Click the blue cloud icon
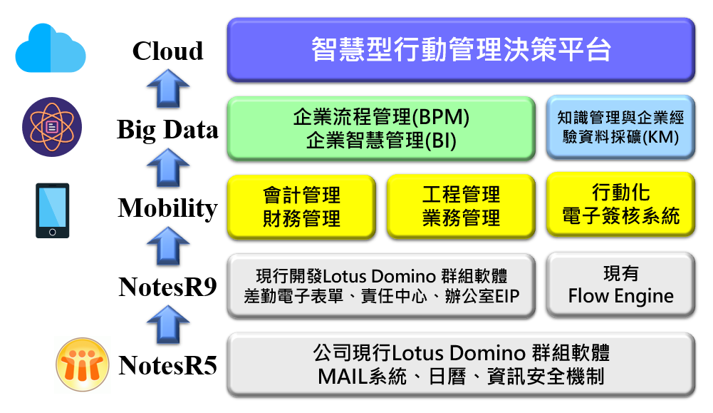[51, 49]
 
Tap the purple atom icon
[52, 126]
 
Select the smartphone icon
[52, 210]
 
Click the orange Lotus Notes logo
[83, 364]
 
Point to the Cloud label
[167, 51]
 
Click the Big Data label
[167, 130]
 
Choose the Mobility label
[167, 208]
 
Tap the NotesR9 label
[167, 287]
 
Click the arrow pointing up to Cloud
[168, 88]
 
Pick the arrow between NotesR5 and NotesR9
[168, 325]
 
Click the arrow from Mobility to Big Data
[168, 168]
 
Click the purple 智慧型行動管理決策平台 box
[461, 50]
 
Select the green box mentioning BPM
[381, 128]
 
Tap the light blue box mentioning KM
[620, 128]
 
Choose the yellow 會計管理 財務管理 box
[301, 207]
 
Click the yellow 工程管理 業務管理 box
[461, 206]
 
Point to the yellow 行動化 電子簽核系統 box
[620, 205]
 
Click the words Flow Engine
[620, 296]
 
